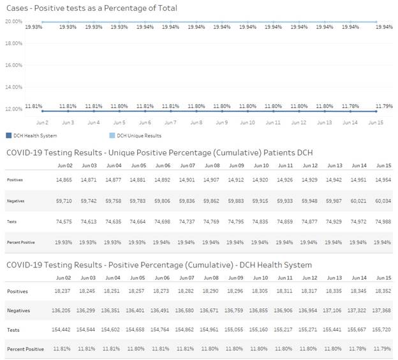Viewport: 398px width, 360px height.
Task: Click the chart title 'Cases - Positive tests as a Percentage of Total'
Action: [x=91, y=8]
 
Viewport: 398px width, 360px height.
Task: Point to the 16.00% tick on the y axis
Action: [x=13, y=65]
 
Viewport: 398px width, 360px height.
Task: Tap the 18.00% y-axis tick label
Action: [x=13, y=43]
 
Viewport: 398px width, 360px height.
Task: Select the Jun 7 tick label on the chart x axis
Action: [x=170, y=122]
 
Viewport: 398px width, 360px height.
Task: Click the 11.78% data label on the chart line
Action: [x=350, y=106]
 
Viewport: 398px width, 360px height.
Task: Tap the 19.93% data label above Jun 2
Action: [x=34, y=27]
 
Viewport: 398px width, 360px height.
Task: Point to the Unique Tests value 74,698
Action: [x=161, y=221]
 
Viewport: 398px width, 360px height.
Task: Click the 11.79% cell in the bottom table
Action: [x=383, y=349]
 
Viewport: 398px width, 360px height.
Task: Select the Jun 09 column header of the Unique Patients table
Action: [x=235, y=165]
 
